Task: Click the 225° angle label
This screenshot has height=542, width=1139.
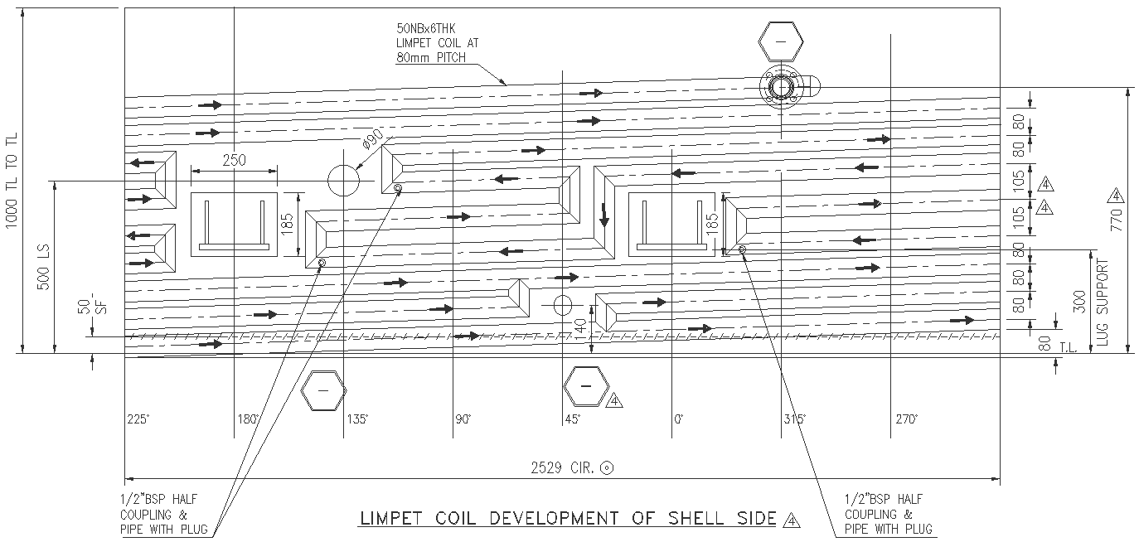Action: click(138, 419)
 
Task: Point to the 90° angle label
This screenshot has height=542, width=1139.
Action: click(463, 419)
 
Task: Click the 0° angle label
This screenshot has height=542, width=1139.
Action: click(679, 419)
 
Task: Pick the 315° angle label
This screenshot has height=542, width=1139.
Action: click(794, 419)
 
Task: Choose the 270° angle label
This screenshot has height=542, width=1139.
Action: click(906, 419)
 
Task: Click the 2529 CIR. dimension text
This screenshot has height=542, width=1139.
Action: click(563, 468)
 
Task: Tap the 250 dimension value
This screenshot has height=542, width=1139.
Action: click(234, 162)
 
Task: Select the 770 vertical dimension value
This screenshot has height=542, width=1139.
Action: click(1116, 220)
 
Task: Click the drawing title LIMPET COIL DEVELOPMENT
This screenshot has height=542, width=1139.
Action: click(569, 520)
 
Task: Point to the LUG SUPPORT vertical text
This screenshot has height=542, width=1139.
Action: click(1103, 302)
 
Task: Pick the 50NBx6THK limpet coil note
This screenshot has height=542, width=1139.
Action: click(437, 42)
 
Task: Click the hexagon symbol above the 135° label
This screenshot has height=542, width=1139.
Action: click(323, 391)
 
